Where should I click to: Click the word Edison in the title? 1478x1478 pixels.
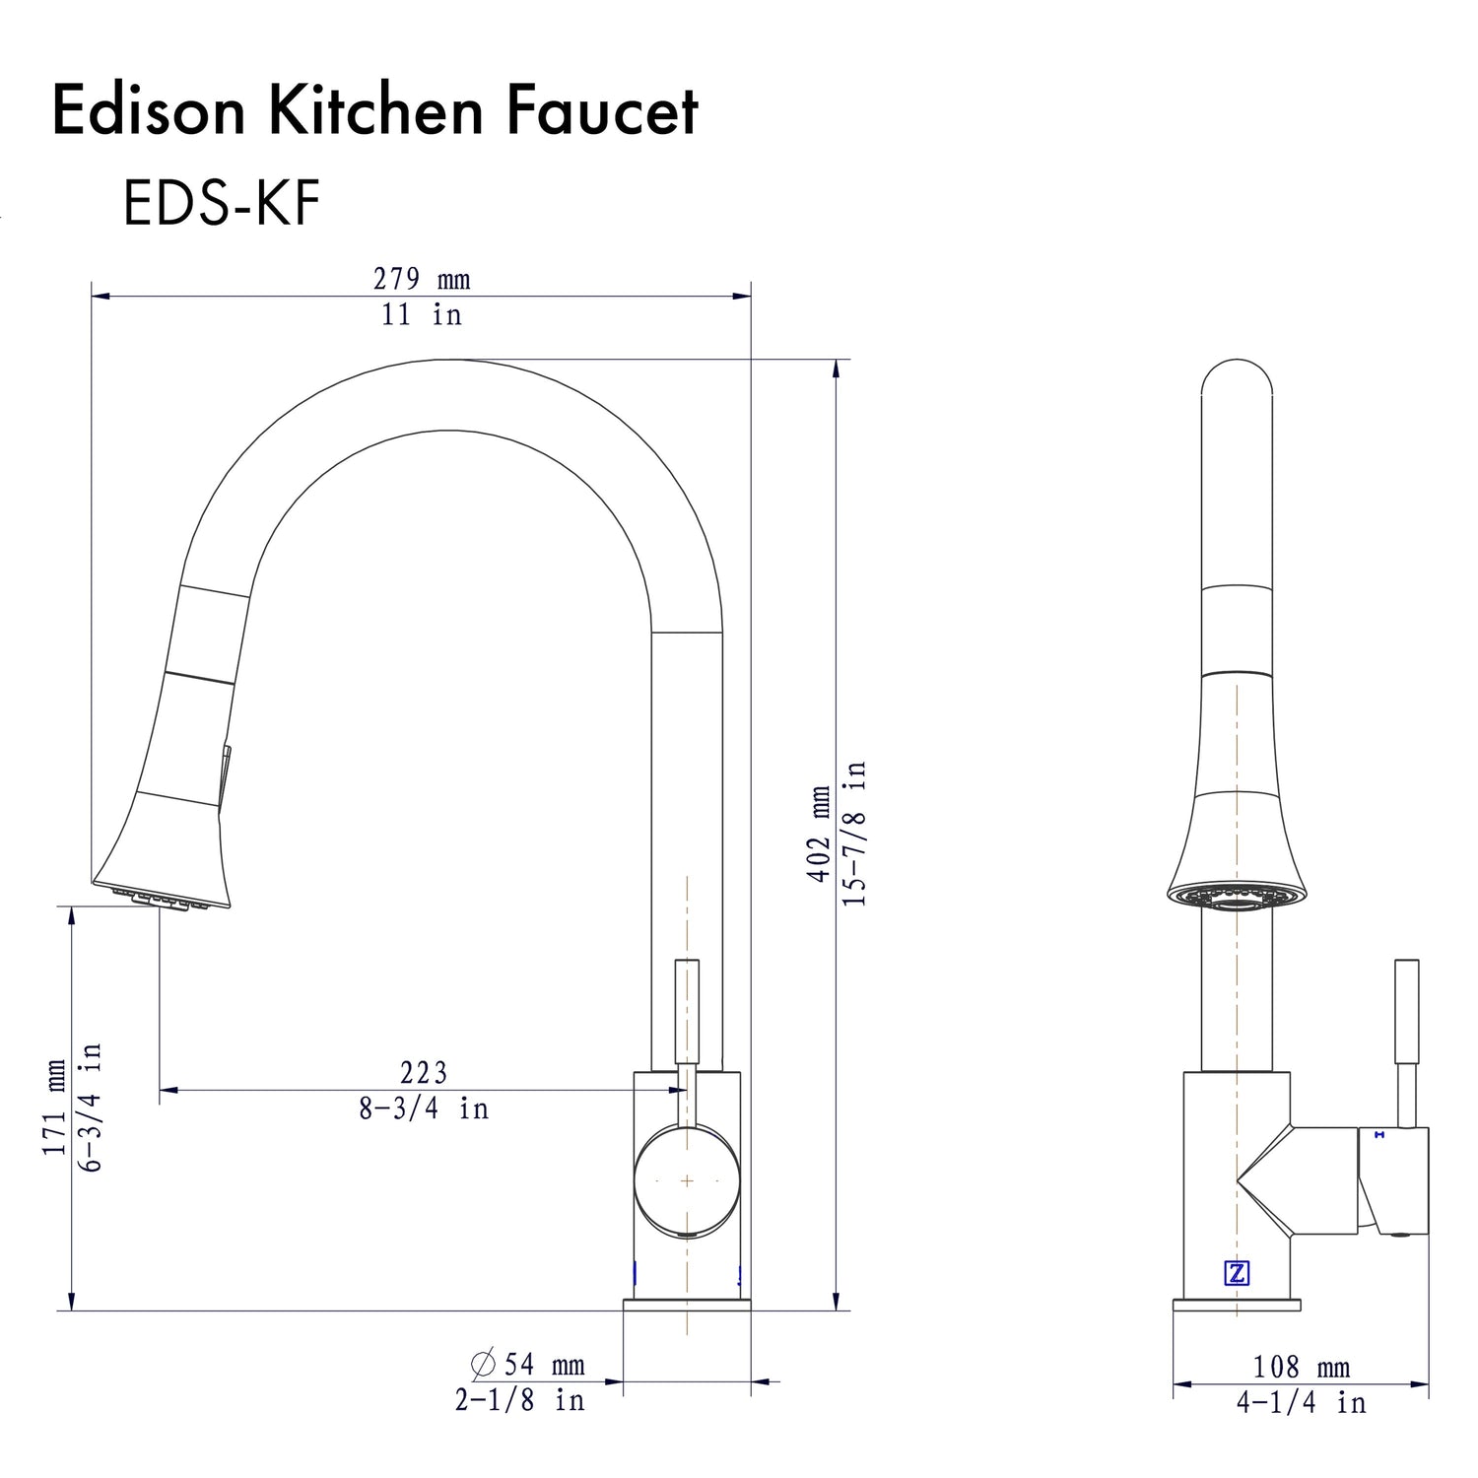click(x=148, y=110)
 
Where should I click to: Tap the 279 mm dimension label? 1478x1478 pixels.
click(x=422, y=280)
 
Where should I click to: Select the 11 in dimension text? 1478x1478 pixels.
click(x=422, y=315)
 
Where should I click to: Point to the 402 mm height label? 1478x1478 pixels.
click(x=819, y=835)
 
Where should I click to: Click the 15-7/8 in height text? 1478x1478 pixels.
click(x=854, y=835)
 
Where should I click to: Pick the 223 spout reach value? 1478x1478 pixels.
click(x=424, y=1072)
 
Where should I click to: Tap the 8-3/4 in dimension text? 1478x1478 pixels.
click(x=424, y=1108)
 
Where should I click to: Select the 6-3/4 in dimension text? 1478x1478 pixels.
click(x=91, y=1108)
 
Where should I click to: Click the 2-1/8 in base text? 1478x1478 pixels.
click(x=519, y=1400)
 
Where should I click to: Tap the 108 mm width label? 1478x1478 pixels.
click(x=1301, y=1368)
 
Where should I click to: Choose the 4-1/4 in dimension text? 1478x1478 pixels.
click(x=1301, y=1403)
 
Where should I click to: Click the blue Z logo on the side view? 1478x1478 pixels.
click(x=1237, y=1273)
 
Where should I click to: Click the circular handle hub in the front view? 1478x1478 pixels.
click(x=687, y=1179)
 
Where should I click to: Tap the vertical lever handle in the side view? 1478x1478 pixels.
click(x=1407, y=1010)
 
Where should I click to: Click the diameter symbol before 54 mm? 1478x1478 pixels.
click(x=483, y=1365)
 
